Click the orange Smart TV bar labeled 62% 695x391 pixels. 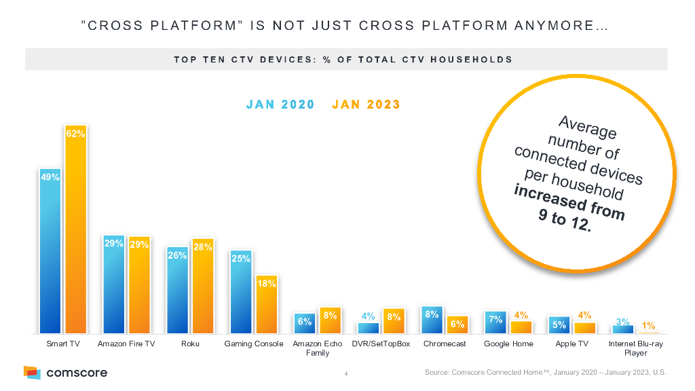pos(75,231)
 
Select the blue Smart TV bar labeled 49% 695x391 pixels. pos(50,251)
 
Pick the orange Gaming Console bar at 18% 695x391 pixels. pos(266,305)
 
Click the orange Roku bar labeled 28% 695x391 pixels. pos(203,288)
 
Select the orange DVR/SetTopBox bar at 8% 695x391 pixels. pos(394,321)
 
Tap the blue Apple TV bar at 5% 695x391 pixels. pos(559,325)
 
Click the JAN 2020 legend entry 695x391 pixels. pos(280,105)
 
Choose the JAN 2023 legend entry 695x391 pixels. pos(367,105)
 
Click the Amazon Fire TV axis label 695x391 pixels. pos(126,344)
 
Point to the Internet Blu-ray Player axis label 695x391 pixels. pos(635,348)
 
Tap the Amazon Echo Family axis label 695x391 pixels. pos(317,348)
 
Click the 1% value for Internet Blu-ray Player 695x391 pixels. pos(648,326)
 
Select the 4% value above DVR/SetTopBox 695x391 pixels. pos(369,316)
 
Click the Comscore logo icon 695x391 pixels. pos(32,372)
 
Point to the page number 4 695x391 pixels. pos(346,373)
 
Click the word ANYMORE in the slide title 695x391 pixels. pos(567,27)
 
